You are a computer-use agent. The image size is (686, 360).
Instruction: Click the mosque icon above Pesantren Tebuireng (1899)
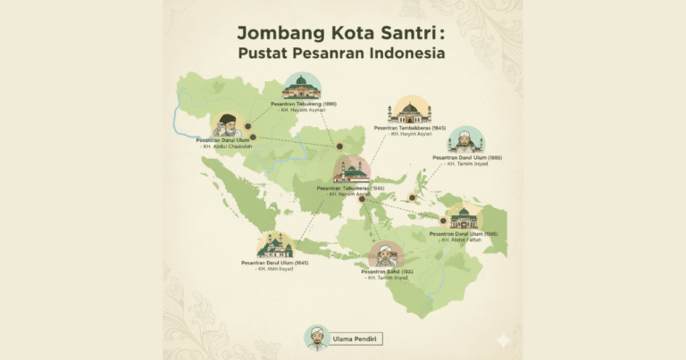(301, 86)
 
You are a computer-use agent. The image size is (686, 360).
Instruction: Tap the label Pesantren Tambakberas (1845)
(410, 128)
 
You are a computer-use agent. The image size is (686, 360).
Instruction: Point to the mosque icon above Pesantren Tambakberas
(409, 111)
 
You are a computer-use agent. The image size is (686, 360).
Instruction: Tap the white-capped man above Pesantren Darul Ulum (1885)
(465, 139)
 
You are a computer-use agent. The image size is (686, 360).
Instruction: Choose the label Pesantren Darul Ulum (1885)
(467, 157)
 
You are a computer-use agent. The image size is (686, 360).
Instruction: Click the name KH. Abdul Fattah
(462, 240)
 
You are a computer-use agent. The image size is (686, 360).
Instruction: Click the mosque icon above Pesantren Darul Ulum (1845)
(275, 246)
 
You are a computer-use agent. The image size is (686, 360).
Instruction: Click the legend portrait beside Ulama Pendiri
(317, 338)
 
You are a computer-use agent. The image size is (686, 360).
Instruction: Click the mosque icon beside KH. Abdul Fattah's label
(463, 217)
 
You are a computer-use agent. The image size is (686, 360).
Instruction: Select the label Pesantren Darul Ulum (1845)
(274, 263)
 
